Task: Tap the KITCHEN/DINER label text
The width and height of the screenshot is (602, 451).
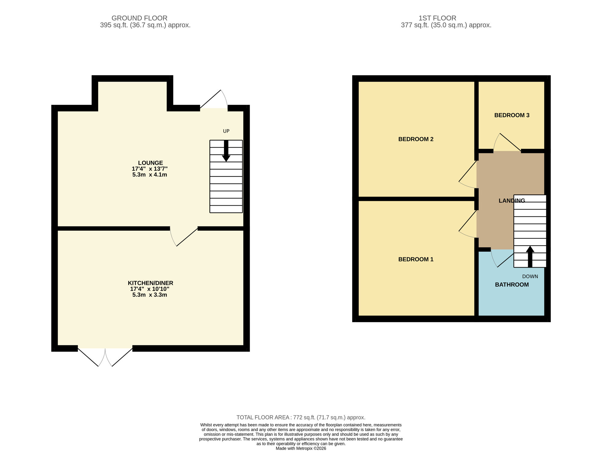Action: coord(150,283)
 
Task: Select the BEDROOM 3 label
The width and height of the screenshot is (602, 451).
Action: coord(512,115)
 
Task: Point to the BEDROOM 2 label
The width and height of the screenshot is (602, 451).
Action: coord(416,139)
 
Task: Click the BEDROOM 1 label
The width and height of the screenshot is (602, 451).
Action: coord(416,259)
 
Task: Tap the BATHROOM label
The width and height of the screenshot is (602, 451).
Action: coord(512,285)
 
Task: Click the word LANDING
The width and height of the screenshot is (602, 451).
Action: coord(512,201)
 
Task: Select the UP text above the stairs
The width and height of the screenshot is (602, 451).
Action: coord(226,131)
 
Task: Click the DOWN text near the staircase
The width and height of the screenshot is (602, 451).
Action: coord(530,276)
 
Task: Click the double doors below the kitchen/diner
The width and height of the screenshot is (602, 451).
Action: coord(105,357)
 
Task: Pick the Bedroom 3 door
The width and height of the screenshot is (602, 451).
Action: coord(507,143)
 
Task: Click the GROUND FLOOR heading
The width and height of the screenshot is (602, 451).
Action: coord(139,18)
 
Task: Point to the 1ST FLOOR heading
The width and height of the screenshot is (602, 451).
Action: coord(437,18)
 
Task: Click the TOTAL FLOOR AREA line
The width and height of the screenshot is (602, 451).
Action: coord(301,417)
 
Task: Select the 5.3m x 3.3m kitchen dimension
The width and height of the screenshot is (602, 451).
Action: coord(150,295)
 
